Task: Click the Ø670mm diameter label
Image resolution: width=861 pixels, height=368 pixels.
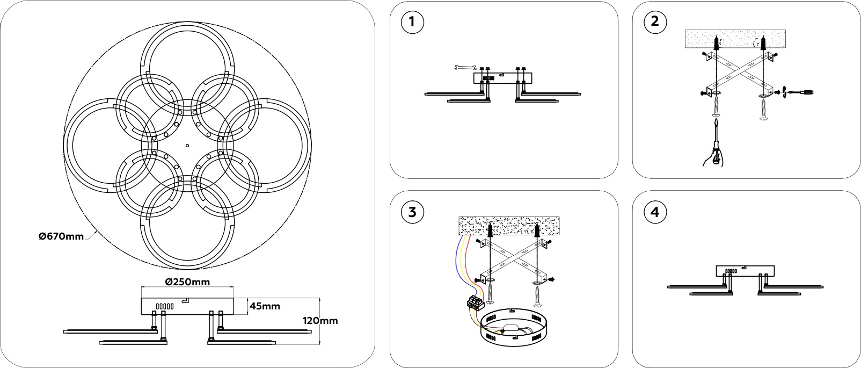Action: [x=61, y=236]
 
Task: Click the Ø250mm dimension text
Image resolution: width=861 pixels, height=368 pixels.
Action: [x=187, y=282]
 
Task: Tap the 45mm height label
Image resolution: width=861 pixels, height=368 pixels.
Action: [x=265, y=306]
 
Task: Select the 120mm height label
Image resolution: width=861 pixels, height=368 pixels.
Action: [x=320, y=321]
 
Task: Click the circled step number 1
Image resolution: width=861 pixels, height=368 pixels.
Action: [x=412, y=22]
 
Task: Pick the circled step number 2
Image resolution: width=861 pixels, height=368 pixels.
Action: [x=654, y=22]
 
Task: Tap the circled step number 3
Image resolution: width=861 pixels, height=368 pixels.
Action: [x=412, y=212]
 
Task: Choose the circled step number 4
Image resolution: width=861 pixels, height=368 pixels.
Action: [x=654, y=212]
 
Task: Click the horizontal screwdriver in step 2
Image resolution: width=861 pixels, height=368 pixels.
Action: [x=800, y=92]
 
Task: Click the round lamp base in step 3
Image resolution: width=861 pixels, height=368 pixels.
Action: [x=513, y=328]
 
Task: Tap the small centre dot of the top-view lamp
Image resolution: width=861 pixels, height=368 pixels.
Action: [x=187, y=145]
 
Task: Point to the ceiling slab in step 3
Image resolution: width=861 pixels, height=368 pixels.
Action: [x=509, y=226]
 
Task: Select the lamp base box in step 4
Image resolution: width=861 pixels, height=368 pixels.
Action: [x=745, y=271]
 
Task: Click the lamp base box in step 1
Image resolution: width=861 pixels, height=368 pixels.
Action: [x=501, y=78]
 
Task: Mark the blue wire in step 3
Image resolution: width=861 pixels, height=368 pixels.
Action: [x=459, y=258]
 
